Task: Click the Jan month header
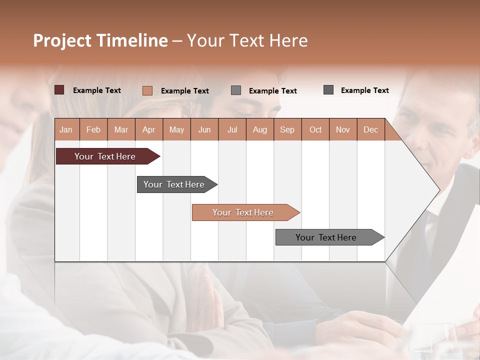66,129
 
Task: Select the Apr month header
149,129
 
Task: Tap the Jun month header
204,129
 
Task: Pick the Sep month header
287,129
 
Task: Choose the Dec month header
370,129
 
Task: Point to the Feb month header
93,129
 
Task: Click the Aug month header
260,129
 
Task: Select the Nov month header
343,129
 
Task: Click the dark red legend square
59,90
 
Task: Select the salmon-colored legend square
147,90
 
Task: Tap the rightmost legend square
328,90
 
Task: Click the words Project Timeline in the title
100,40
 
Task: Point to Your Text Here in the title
247,40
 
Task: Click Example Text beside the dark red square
97,90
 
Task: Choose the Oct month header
315,129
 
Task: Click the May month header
176,129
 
